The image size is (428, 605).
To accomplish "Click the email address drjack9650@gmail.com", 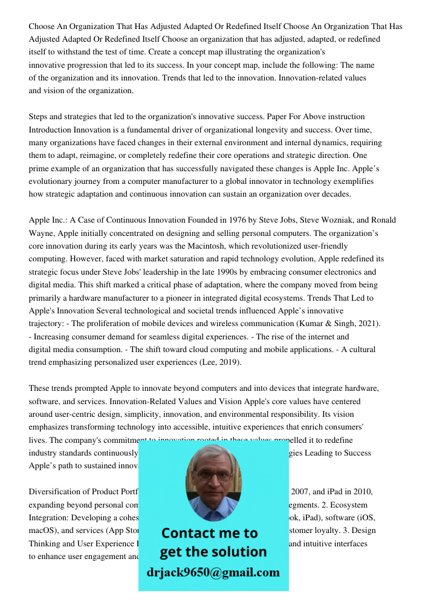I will click(x=213, y=572).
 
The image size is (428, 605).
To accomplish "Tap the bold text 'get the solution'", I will click(x=213, y=552).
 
